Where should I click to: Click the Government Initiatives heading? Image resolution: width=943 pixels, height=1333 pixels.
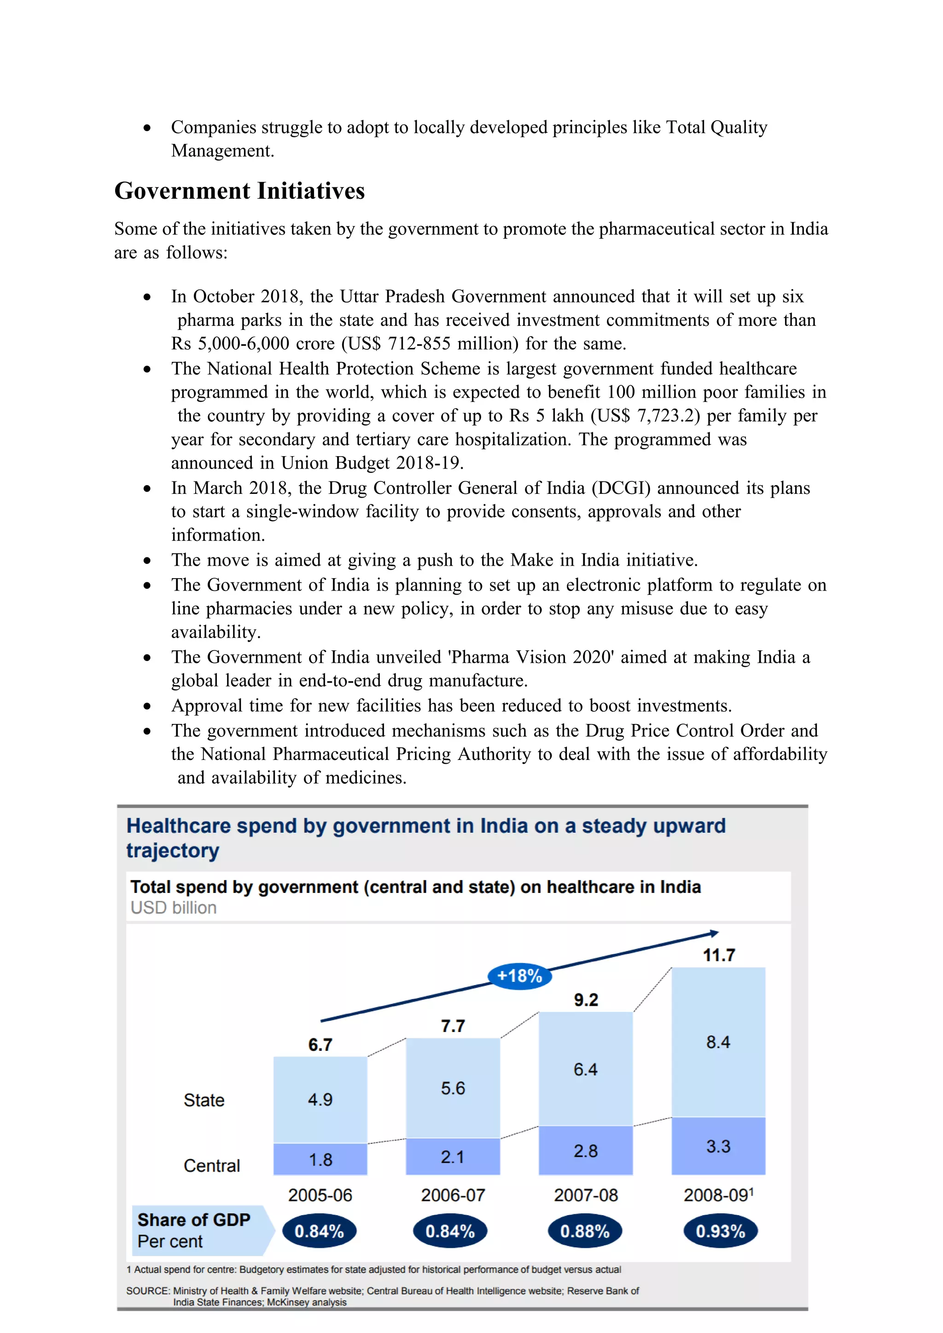coord(239,191)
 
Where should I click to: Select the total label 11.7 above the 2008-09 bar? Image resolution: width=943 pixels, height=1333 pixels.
coord(719,956)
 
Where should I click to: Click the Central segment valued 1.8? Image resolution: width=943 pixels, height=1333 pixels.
coord(320,1159)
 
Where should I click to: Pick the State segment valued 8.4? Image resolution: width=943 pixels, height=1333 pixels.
coord(718,1042)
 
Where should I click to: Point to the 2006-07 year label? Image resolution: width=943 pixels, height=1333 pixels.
coord(452,1195)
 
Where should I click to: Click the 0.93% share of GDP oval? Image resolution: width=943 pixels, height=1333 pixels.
coord(720,1231)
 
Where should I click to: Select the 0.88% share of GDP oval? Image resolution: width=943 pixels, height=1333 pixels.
coord(585,1231)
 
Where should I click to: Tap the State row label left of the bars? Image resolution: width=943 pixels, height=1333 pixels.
coord(204,1100)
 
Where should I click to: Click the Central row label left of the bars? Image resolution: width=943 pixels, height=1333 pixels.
coord(211,1166)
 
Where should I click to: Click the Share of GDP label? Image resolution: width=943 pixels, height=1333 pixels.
coord(193,1220)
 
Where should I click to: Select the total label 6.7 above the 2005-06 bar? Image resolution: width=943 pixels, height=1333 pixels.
coord(320,1045)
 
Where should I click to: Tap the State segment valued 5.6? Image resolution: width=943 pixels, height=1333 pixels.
coord(452,1088)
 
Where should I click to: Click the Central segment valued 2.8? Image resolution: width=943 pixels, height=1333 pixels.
coord(585,1151)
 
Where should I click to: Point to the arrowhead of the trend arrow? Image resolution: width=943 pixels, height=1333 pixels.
coord(714,933)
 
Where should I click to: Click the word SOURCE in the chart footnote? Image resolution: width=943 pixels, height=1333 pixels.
coord(147,1291)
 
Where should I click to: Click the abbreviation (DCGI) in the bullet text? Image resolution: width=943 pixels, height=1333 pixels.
coord(621,488)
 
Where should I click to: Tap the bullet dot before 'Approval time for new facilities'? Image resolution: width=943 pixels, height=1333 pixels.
coord(147,707)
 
